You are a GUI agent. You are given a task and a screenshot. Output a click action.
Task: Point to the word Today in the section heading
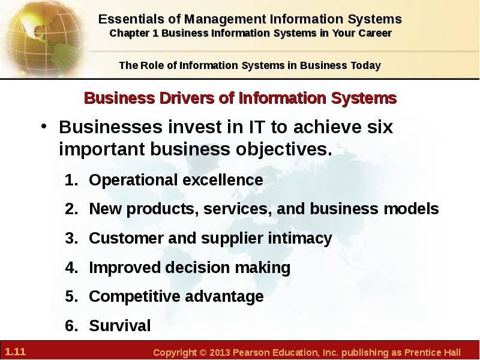[x=366, y=65]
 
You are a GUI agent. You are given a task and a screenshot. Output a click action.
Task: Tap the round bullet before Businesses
[x=44, y=126]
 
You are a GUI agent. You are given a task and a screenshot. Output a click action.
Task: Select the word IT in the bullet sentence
[x=256, y=127]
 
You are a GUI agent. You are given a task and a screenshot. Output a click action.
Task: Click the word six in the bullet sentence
[x=380, y=127]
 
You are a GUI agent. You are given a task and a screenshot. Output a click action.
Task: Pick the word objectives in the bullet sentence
[x=284, y=149]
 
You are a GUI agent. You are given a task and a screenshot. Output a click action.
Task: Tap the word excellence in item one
[x=223, y=179]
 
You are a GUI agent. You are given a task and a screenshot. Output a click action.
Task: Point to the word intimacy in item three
[x=300, y=238]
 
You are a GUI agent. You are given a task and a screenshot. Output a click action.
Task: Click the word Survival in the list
[x=119, y=325]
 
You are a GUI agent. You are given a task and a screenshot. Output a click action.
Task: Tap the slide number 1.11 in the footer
[x=16, y=352]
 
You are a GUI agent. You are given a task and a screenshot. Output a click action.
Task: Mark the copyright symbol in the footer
[x=203, y=352]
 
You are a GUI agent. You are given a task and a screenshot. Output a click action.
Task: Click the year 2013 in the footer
[x=220, y=352]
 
